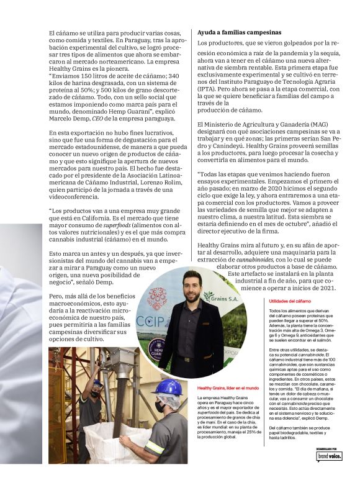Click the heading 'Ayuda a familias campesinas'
point(239,31)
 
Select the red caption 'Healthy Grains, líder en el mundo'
point(225,388)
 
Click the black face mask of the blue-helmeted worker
point(160,406)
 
